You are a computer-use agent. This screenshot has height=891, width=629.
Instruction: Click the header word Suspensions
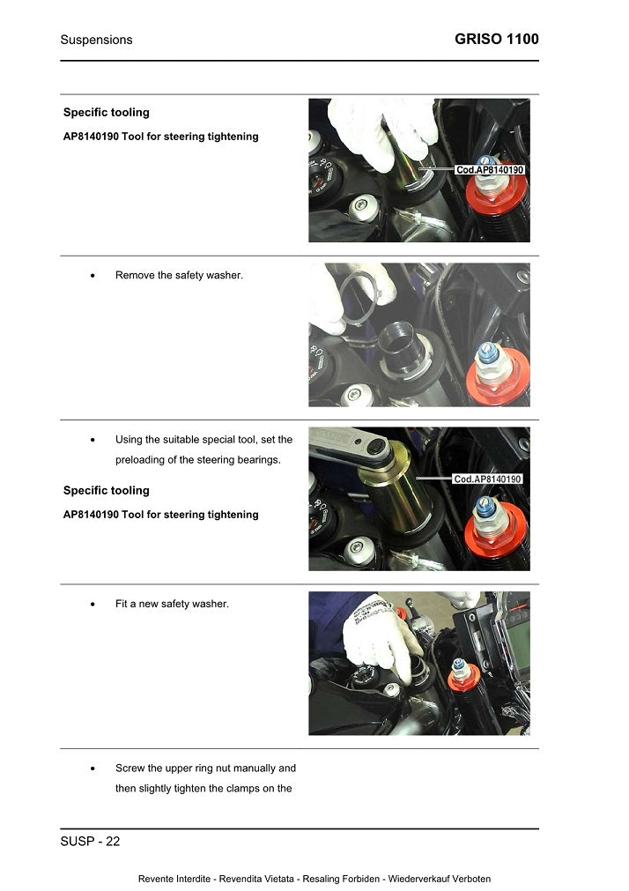96,40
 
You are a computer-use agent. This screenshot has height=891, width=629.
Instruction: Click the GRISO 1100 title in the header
497,39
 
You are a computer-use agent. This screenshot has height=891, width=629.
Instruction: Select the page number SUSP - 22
90,842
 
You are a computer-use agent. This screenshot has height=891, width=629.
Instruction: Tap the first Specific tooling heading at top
107,113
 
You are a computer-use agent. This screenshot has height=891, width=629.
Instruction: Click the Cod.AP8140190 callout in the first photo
490,169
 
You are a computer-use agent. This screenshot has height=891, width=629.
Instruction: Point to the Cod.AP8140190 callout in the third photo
488,479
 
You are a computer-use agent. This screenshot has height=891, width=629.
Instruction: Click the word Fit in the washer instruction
122,604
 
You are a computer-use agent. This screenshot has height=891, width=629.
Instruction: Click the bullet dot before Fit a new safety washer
93,605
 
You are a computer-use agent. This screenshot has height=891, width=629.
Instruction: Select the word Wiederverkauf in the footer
418,879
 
